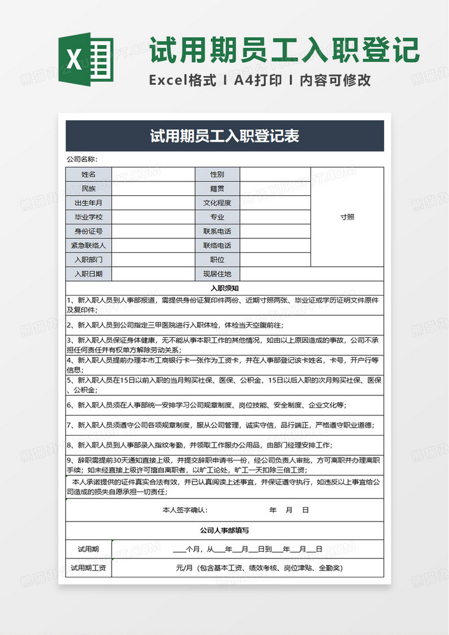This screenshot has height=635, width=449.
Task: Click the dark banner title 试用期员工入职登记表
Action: [x=224, y=137]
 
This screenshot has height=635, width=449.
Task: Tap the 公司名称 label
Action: [x=82, y=160]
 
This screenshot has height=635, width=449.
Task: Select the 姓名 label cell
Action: [x=89, y=174]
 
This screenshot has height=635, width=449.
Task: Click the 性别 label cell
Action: [x=217, y=174]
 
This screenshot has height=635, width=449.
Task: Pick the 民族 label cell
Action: [x=89, y=188]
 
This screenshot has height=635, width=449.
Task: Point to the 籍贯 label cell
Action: [x=217, y=188]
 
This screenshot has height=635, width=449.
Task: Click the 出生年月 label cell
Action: [x=89, y=203]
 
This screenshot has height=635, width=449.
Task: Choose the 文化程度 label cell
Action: [x=217, y=203]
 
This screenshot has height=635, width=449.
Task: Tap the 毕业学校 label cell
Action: [x=89, y=217]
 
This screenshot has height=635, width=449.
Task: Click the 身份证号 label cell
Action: [x=89, y=231]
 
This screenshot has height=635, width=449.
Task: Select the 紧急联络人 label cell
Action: [x=89, y=245]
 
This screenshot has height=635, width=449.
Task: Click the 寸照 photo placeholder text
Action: [x=347, y=217]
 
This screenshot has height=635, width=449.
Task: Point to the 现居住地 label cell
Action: [x=217, y=274]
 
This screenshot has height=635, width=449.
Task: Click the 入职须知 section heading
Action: [x=224, y=288]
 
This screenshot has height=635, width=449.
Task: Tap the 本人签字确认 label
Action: [x=185, y=510]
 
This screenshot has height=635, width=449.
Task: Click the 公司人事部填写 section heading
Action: [x=224, y=530]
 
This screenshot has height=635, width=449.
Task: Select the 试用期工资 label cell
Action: [x=89, y=568]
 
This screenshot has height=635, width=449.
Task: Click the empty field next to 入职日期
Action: [x=153, y=274]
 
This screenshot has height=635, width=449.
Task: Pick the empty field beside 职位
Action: [x=275, y=260]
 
